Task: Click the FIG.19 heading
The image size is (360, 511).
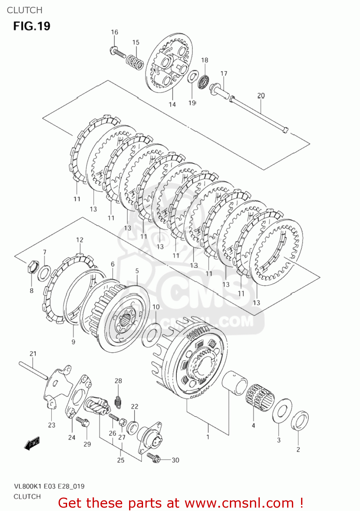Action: tap(32, 26)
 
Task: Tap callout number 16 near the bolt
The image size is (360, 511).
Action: tap(114, 32)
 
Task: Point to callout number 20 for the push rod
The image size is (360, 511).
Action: tap(261, 96)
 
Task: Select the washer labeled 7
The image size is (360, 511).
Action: tap(44, 273)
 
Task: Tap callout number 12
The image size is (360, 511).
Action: tap(79, 240)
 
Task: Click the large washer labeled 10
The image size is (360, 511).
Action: tap(151, 335)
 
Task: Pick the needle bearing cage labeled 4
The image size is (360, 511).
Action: tap(260, 397)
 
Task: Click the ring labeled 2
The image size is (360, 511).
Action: tap(300, 421)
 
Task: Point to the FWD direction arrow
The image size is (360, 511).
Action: tap(32, 443)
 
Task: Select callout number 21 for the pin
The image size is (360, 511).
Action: tap(33, 354)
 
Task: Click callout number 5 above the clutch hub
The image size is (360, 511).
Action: tap(137, 271)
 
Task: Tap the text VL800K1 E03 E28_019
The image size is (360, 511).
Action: tap(49, 486)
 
